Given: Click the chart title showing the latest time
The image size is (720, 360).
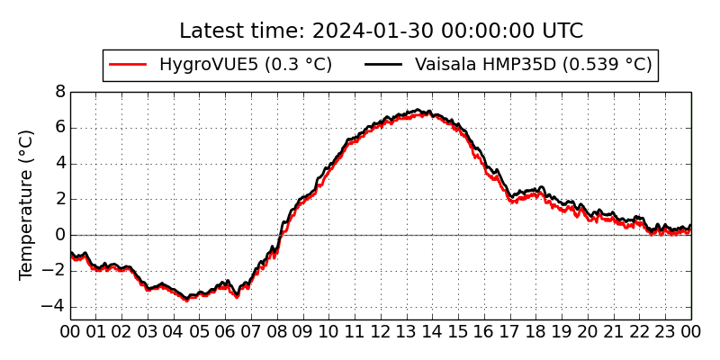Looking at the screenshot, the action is click(381, 31).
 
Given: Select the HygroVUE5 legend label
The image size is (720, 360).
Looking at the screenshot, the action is click(246, 64).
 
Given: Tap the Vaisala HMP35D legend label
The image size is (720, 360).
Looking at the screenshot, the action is click(534, 64).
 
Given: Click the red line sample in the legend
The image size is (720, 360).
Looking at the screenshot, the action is click(128, 65).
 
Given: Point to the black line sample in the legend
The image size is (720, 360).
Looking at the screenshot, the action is click(383, 65).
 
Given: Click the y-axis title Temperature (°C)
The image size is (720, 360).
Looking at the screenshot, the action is click(26, 205).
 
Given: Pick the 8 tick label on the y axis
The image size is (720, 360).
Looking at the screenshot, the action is click(60, 93).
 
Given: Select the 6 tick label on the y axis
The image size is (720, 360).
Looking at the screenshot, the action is click(60, 128).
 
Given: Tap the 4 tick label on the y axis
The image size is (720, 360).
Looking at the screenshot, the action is click(60, 164).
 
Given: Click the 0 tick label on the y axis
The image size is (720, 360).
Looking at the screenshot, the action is click(60, 236).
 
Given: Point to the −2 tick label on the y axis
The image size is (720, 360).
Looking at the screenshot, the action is click(53, 272).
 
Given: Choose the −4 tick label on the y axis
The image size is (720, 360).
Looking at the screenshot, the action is click(53, 307).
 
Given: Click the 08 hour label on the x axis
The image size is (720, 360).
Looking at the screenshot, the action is click(277, 331).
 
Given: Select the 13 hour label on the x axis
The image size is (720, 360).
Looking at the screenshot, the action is click(407, 331).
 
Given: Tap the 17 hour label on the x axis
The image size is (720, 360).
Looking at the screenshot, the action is click(510, 331).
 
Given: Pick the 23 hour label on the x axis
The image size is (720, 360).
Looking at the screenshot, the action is click(665, 331).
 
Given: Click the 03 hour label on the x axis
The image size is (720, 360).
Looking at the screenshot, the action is click(148, 331).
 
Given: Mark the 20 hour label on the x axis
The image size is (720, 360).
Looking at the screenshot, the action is click(588, 331).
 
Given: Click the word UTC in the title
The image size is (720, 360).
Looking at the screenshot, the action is click(562, 31).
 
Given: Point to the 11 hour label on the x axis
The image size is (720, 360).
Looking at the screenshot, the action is click(355, 331).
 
